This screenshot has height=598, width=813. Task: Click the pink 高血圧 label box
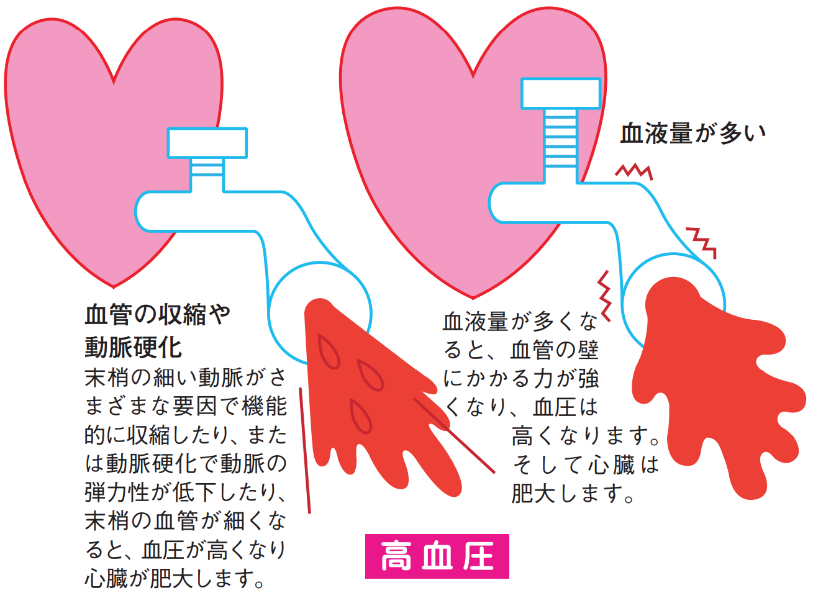(437, 556)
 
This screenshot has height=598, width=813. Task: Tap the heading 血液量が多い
(693, 134)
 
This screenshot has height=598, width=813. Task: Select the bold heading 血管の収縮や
(157, 315)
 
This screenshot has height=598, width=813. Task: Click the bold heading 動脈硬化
(133, 347)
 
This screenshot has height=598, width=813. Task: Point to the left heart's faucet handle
(207, 143)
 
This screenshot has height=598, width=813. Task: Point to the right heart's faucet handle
(560, 94)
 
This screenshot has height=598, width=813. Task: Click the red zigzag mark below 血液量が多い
(634, 171)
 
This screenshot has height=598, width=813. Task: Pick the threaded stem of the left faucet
(207, 174)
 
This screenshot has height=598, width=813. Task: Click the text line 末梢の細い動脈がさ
(185, 377)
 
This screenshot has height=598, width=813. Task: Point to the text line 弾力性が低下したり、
(185, 492)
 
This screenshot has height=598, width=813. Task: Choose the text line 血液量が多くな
(520, 321)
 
